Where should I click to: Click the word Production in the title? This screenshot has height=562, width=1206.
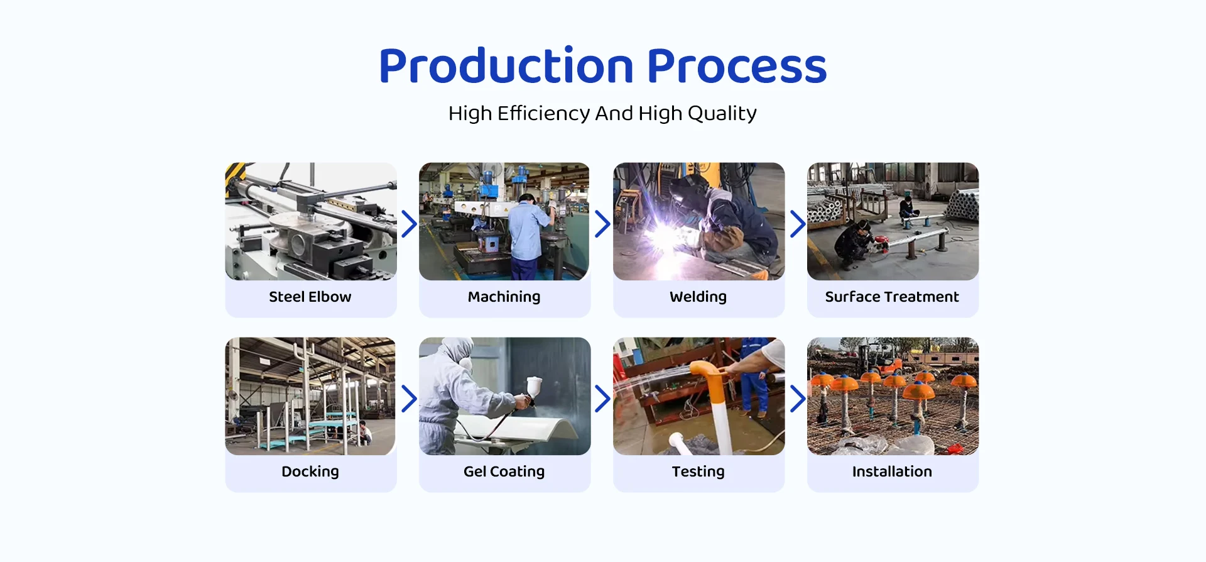click(506, 66)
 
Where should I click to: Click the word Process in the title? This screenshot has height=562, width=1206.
click(737, 66)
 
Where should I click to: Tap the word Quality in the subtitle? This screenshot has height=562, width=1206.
click(722, 114)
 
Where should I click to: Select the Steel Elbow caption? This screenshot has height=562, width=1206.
click(310, 297)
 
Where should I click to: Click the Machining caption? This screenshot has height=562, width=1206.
click(504, 297)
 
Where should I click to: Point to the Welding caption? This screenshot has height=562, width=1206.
click(698, 297)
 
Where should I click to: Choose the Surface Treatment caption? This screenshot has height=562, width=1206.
click(892, 297)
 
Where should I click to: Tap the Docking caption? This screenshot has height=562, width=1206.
click(310, 472)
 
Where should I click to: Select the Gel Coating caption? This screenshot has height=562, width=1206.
click(504, 472)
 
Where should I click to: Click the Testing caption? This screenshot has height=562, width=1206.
click(698, 472)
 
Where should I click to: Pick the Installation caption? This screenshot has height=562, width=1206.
click(892, 471)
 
